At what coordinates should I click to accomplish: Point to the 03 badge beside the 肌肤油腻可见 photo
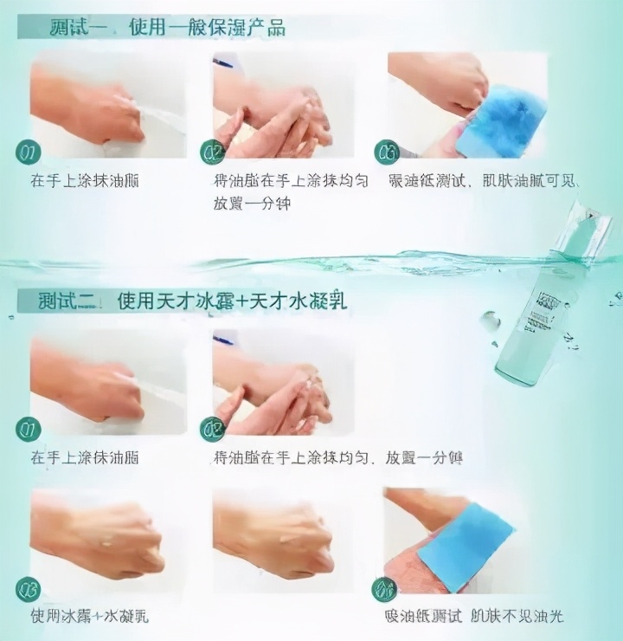pos(386,153)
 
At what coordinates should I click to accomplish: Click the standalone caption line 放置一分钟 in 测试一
pos(251,204)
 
